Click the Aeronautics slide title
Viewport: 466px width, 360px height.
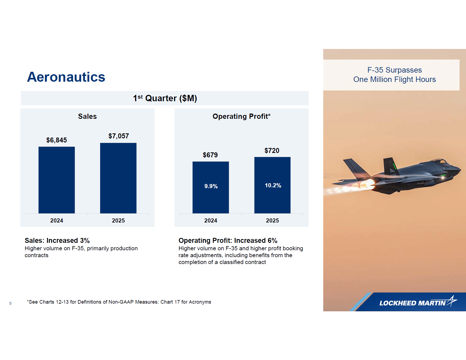point(66,77)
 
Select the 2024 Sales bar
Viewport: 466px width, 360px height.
point(57,180)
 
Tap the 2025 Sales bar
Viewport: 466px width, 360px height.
point(118,178)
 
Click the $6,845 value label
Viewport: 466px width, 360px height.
point(57,140)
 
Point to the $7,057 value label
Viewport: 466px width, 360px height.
point(119,136)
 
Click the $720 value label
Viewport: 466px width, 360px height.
point(272,151)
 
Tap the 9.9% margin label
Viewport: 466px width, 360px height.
point(211,186)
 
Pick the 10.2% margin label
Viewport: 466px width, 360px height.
point(273,186)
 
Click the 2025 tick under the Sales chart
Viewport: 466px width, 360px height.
point(118,221)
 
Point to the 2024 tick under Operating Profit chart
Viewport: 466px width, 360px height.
point(211,221)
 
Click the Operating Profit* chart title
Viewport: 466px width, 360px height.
point(242,117)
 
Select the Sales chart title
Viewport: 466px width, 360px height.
point(87,117)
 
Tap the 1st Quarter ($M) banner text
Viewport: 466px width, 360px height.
point(165,98)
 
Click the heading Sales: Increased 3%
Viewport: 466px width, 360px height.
point(57,241)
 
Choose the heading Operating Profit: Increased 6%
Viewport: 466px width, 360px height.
point(228,241)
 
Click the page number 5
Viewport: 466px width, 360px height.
point(10,303)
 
